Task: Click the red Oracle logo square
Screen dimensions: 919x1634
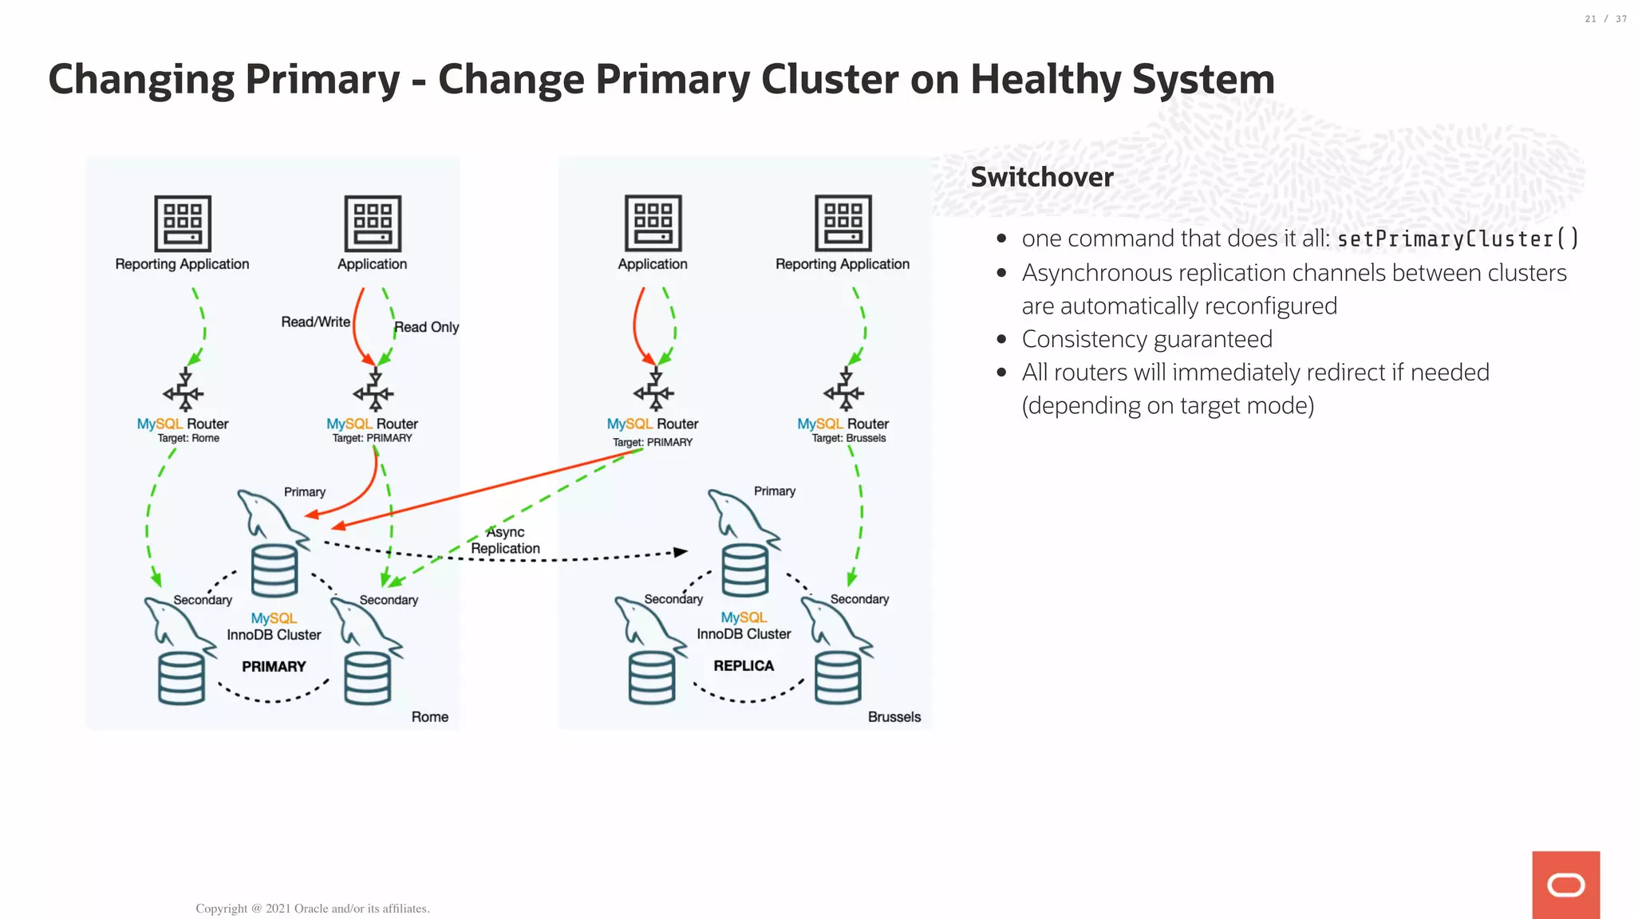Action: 1565,884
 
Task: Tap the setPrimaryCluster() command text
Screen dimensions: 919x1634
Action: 1458,239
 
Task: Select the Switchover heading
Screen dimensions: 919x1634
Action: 1041,177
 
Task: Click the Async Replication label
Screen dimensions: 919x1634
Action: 505,540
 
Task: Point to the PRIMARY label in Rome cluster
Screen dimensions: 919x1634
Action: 274,666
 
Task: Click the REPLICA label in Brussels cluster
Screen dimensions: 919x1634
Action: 744,665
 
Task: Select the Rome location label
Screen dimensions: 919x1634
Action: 429,716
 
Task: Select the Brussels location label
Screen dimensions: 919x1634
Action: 894,716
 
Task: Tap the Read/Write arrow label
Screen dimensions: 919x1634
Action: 315,321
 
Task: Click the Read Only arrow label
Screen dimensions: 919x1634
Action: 426,327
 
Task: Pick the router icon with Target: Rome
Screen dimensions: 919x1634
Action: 184,390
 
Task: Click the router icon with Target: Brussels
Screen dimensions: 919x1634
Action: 844,390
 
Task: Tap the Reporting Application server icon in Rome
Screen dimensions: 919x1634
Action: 183,223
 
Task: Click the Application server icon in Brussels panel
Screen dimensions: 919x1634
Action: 653,223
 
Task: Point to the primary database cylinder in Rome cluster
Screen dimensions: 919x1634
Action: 274,570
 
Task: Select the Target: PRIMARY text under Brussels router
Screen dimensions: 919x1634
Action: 653,442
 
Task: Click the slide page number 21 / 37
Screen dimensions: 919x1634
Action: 1605,19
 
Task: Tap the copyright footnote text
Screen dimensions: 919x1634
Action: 312,908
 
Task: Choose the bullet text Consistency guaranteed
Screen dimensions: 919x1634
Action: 1147,339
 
